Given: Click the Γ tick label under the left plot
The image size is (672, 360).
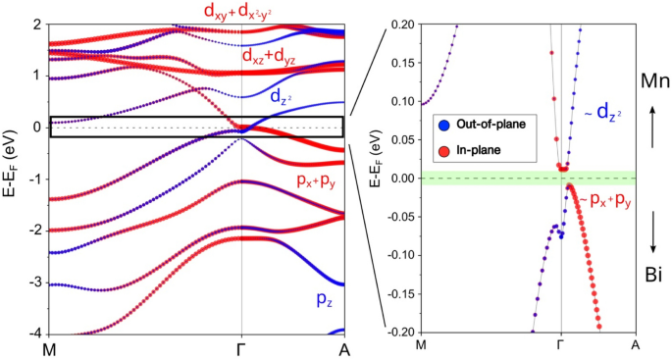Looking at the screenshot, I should (241, 349).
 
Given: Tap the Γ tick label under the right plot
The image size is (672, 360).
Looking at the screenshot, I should (560, 345).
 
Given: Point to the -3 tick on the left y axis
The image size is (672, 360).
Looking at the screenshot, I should (34, 283).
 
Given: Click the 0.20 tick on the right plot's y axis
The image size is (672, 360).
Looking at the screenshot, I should (401, 24).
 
